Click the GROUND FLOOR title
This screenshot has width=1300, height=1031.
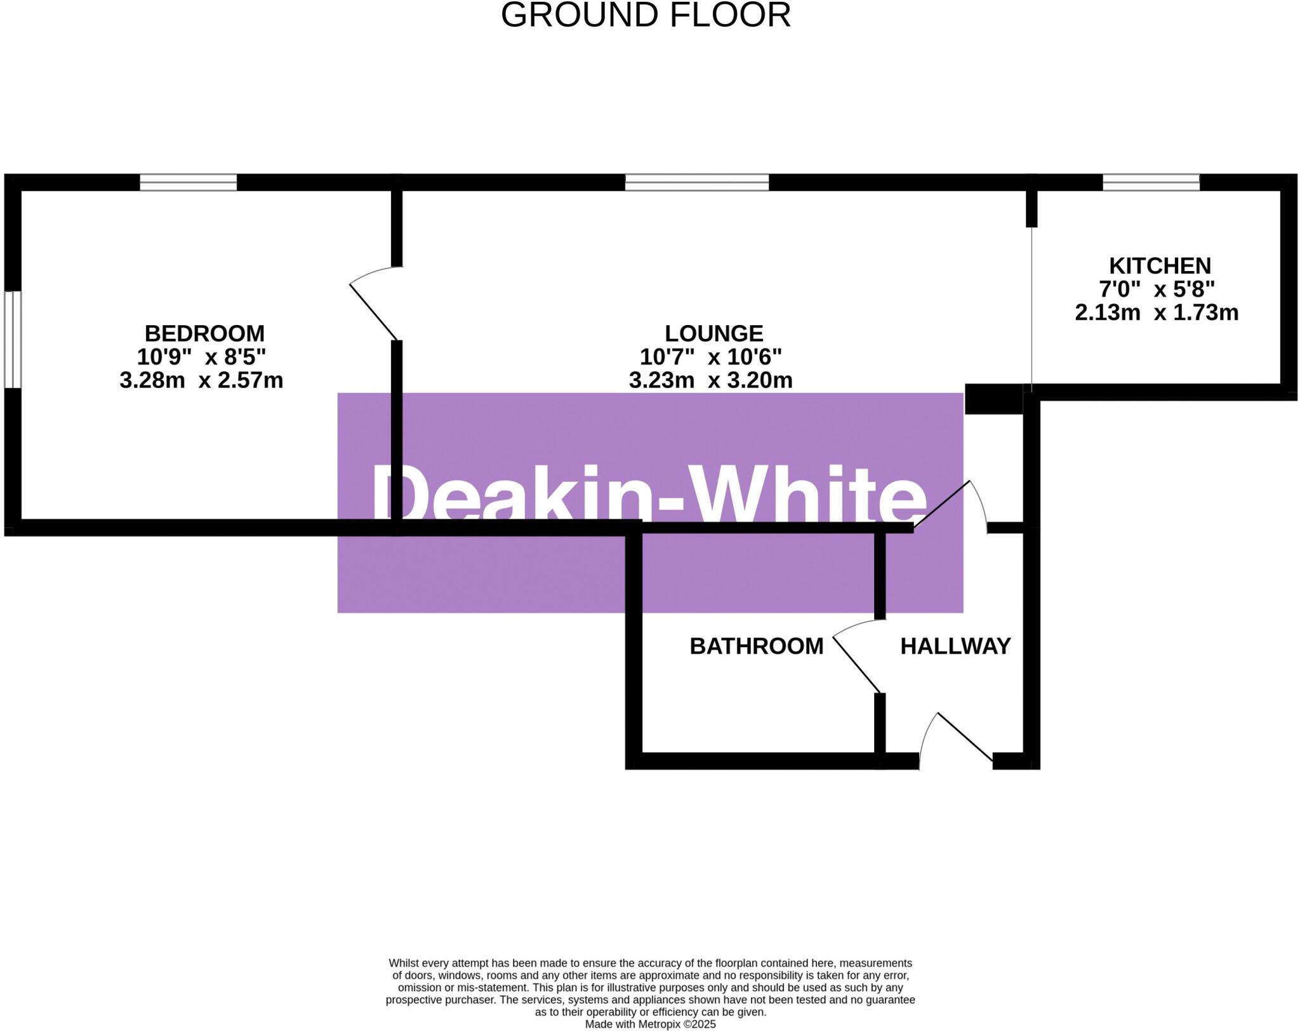tap(646, 15)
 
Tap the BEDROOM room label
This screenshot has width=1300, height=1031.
tap(204, 333)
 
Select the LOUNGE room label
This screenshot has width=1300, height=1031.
tap(713, 333)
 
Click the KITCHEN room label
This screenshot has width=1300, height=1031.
tap(1160, 265)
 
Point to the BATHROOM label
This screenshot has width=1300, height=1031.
tap(756, 646)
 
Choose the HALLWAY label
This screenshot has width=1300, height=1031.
tap(955, 646)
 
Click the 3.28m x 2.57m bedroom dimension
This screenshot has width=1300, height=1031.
tap(201, 380)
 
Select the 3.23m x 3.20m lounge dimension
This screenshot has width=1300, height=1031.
tap(710, 380)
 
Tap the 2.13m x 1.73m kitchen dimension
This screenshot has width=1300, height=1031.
tap(1157, 312)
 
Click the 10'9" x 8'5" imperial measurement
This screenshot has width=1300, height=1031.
tap(201, 357)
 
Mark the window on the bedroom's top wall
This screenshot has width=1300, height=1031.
tap(188, 183)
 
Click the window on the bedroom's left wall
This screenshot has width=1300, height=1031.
tap(13, 339)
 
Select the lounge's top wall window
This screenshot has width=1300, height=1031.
tap(696, 183)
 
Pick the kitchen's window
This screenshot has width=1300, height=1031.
tap(1151, 183)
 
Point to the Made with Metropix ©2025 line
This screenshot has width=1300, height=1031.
tap(650, 1024)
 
